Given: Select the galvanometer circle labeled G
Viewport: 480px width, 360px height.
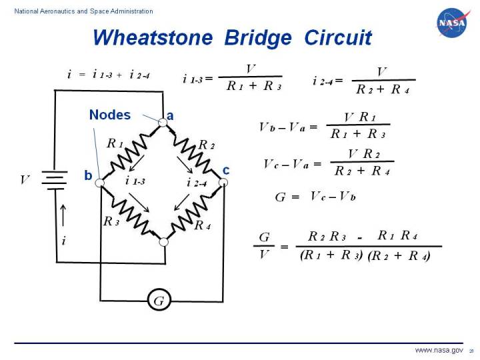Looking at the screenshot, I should click(x=159, y=301).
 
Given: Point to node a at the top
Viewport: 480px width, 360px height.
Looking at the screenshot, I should click(x=162, y=122).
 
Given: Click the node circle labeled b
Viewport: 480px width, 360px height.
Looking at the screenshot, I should click(x=100, y=181).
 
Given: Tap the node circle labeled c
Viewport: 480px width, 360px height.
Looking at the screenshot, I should click(x=224, y=181).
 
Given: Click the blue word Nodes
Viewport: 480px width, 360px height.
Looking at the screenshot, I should click(x=110, y=115).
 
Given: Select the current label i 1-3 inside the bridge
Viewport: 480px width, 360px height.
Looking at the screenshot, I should click(x=134, y=181).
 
